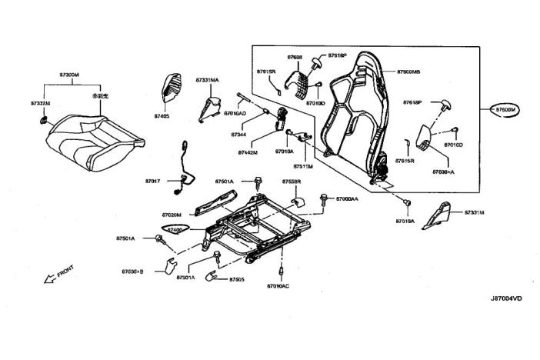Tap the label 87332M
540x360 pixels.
(x=40, y=102)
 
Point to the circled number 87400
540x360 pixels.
(x=175, y=230)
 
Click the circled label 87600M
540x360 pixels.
(x=508, y=111)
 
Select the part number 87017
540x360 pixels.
(x=152, y=181)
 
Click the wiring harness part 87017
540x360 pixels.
(x=183, y=165)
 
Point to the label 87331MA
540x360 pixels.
(x=207, y=79)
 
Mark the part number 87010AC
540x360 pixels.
(x=278, y=285)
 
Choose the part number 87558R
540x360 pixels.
(x=291, y=182)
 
